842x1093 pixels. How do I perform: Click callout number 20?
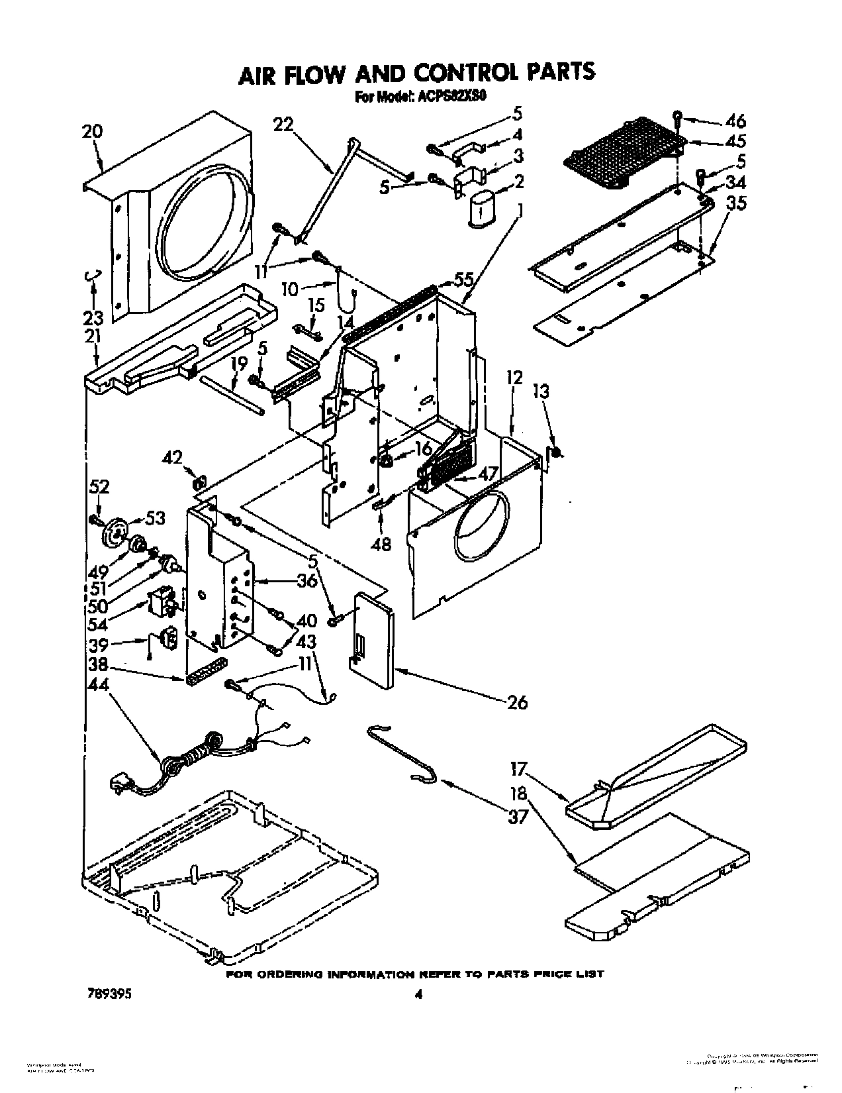[93, 130]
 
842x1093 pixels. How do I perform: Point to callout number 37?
[518, 817]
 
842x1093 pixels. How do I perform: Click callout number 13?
[541, 392]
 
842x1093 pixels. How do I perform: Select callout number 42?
[173, 457]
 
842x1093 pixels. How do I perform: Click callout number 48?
[382, 543]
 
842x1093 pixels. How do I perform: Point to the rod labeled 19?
[233, 395]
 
